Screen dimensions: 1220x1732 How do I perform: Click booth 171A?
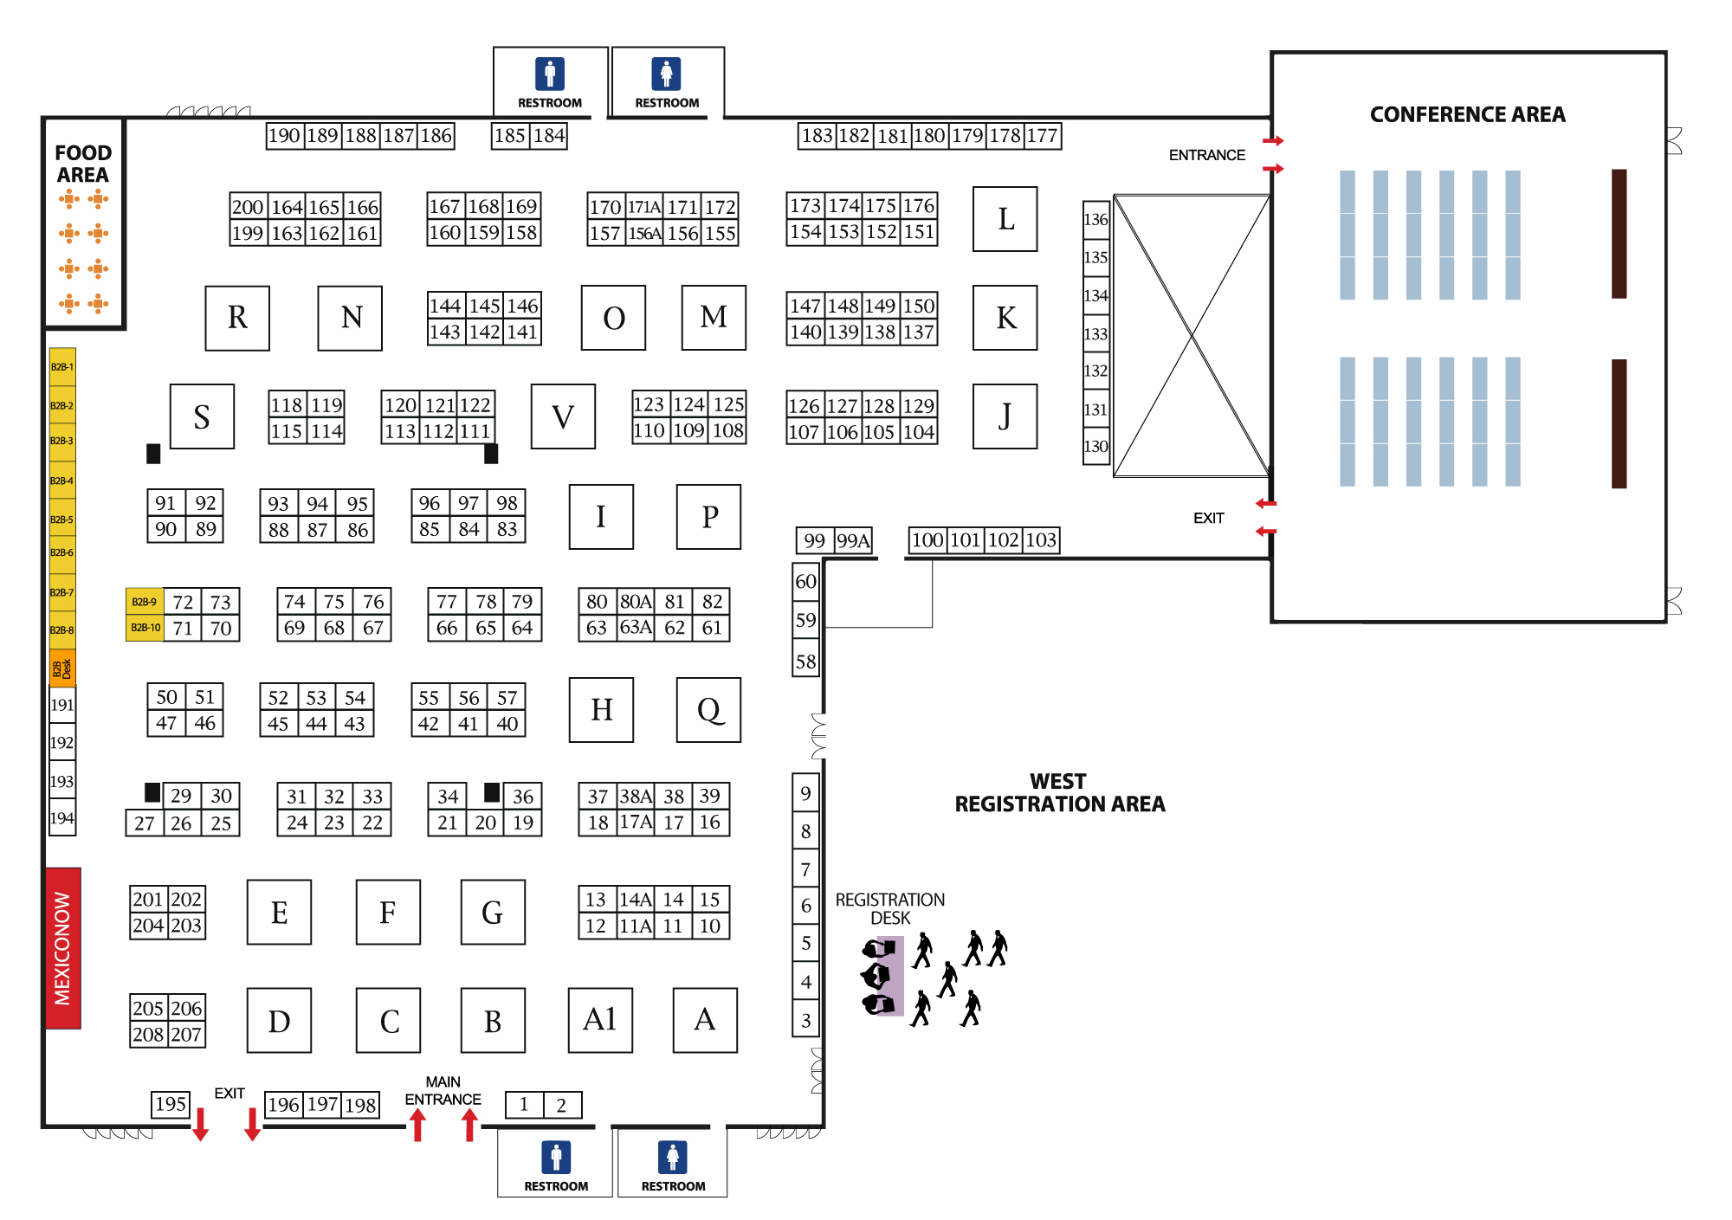click(644, 207)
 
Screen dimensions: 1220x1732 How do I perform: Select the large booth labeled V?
click(563, 416)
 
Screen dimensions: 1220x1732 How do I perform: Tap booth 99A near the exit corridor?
click(853, 541)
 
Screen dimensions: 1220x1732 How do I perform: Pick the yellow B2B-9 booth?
click(145, 602)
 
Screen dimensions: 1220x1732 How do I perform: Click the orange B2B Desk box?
click(62, 668)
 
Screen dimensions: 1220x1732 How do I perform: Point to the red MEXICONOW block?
click(63, 948)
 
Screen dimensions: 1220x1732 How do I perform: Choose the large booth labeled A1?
click(600, 1020)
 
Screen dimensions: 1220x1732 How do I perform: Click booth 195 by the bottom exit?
click(171, 1104)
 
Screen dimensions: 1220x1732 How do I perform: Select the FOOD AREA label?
click(83, 164)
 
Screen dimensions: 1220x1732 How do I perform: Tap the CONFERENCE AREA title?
click(1467, 114)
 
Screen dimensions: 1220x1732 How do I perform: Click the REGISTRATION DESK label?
click(890, 908)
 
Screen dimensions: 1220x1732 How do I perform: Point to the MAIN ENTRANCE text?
click(443, 1091)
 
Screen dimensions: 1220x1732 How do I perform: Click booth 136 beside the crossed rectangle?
click(1095, 220)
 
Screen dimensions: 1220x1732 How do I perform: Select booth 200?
click(248, 207)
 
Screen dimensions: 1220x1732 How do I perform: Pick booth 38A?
click(636, 797)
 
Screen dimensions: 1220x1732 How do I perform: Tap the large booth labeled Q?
click(708, 710)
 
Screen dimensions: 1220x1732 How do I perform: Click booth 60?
click(805, 581)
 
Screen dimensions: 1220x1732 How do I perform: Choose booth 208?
click(148, 1035)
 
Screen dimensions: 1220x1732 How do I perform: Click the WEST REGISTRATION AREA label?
click(1059, 793)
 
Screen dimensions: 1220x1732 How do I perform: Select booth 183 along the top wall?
click(817, 136)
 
